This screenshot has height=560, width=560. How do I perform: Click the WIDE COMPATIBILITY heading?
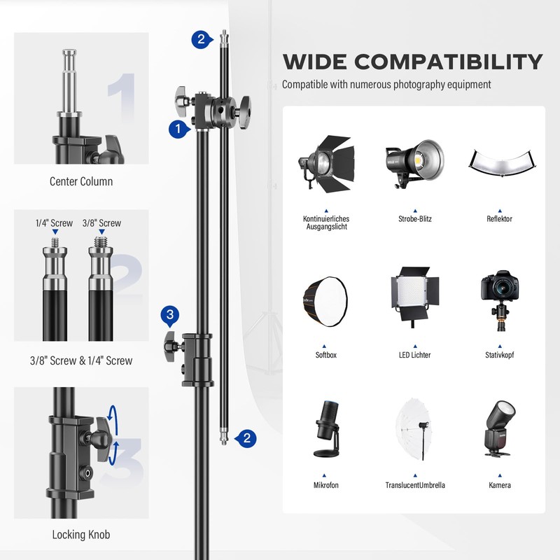[412, 62]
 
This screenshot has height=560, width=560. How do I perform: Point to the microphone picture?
[325, 428]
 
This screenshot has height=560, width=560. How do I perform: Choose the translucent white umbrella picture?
[415, 429]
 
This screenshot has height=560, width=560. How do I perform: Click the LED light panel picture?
[414, 298]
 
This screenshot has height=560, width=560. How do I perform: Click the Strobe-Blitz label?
[415, 219]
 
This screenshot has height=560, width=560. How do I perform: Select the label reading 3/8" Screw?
[101, 223]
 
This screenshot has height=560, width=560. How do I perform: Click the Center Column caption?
[81, 181]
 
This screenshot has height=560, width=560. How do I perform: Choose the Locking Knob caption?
[81, 535]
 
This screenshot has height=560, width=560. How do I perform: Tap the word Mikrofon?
[325, 485]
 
